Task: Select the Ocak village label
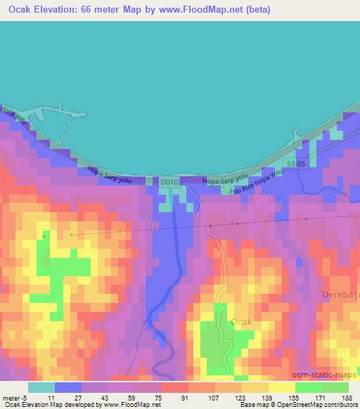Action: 240,321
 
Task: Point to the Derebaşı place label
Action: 341,294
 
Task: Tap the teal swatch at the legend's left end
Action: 41,387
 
